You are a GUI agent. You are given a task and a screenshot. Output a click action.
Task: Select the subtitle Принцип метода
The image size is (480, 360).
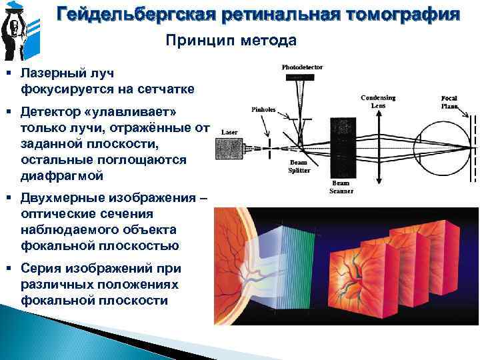231,41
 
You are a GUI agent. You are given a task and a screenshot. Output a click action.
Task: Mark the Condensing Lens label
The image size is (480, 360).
378,101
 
